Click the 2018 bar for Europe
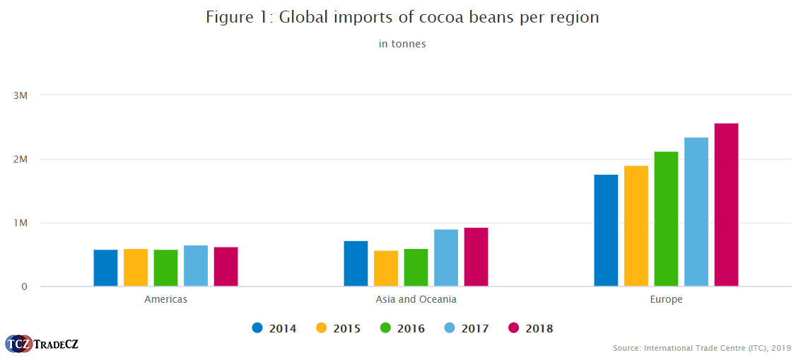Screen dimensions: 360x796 tap(726, 205)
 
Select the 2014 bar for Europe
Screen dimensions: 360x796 tap(606, 231)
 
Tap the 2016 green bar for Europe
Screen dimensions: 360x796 tap(666, 219)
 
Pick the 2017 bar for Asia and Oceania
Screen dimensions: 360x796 tap(446, 258)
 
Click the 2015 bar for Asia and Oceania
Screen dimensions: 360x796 tap(386, 269)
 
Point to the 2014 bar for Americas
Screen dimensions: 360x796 tap(105, 268)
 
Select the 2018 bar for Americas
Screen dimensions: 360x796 tap(226, 267)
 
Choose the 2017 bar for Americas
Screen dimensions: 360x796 tap(196, 266)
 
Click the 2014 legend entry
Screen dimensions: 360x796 tap(274, 328)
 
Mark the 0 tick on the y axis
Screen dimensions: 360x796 tap(24, 286)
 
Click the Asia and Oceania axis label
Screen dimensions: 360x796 tap(416, 299)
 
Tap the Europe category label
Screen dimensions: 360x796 tap(666, 299)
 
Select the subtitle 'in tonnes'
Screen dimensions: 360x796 tap(402, 44)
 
